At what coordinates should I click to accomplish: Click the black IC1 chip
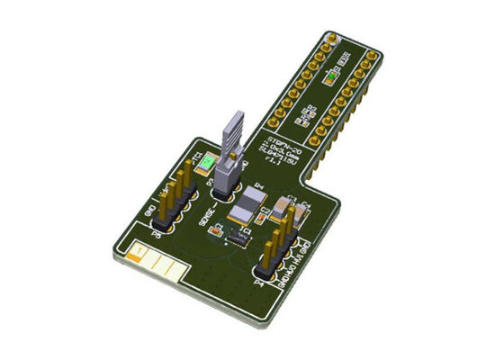[239, 237]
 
